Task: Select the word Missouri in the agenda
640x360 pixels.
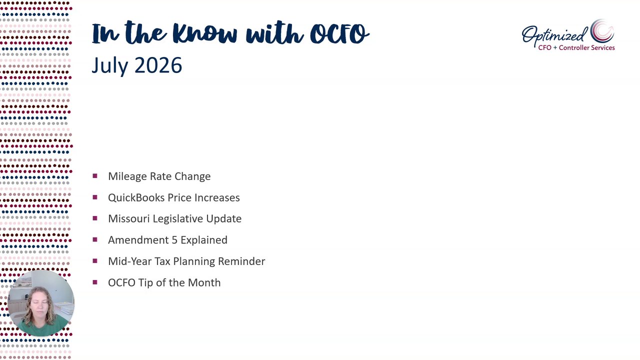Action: tap(129, 218)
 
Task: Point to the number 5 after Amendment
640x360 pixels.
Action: tap(175, 240)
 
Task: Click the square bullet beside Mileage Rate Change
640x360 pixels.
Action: tap(95, 175)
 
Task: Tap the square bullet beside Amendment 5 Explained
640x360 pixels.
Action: tap(95, 239)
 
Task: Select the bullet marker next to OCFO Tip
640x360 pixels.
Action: tap(95, 282)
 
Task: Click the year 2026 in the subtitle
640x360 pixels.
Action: tap(158, 65)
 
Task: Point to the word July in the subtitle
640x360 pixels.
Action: tap(110, 65)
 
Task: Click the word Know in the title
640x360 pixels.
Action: tap(205, 33)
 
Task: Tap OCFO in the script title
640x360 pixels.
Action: tap(339, 33)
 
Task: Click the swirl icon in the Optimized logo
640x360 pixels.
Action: tap(602, 31)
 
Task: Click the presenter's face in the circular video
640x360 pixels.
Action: tap(39, 305)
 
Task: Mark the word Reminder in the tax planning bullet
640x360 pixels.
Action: tap(241, 261)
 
